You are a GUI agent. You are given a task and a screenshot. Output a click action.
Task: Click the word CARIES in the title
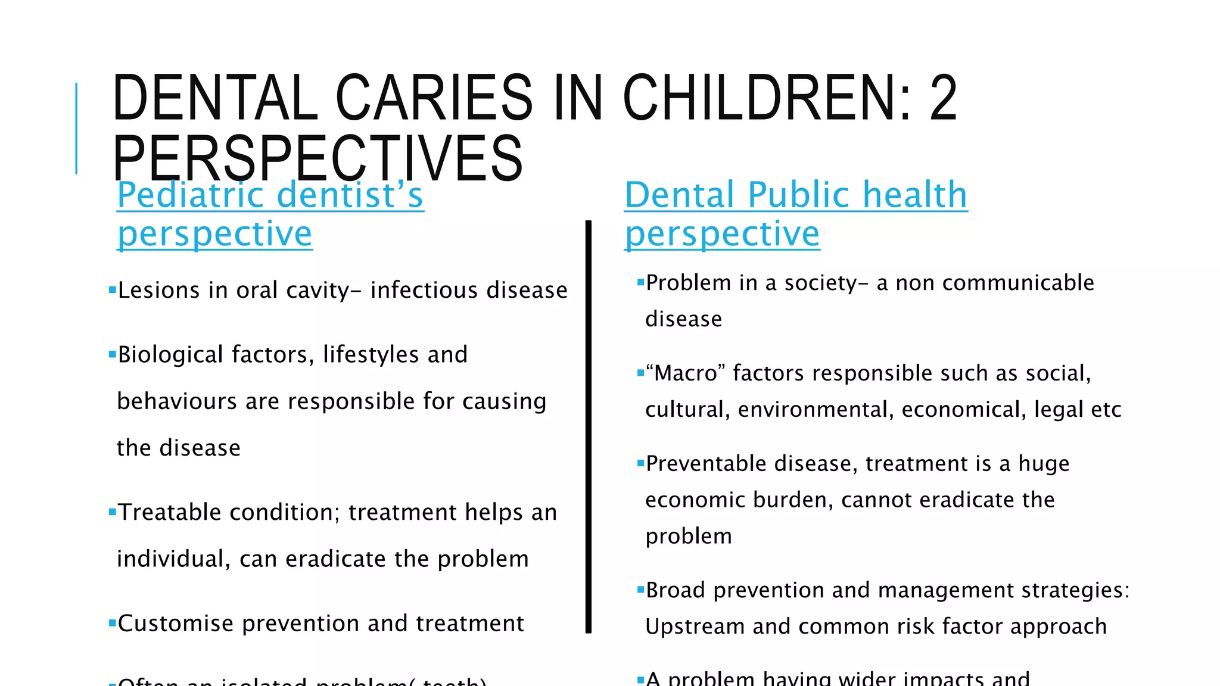click(434, 98)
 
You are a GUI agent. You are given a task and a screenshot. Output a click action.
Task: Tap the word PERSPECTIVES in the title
click(318, 158)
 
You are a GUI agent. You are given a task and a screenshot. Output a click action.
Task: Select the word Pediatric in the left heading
click(191, 195)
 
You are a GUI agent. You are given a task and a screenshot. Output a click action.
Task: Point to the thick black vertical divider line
click(589, 426)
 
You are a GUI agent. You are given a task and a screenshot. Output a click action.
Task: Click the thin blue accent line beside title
click(76, 128)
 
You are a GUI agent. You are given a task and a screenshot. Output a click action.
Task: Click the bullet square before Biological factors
click(112, 355)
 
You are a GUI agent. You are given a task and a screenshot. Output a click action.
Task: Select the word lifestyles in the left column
click(371, 355)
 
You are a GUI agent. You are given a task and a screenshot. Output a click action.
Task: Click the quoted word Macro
click(686, 373)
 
